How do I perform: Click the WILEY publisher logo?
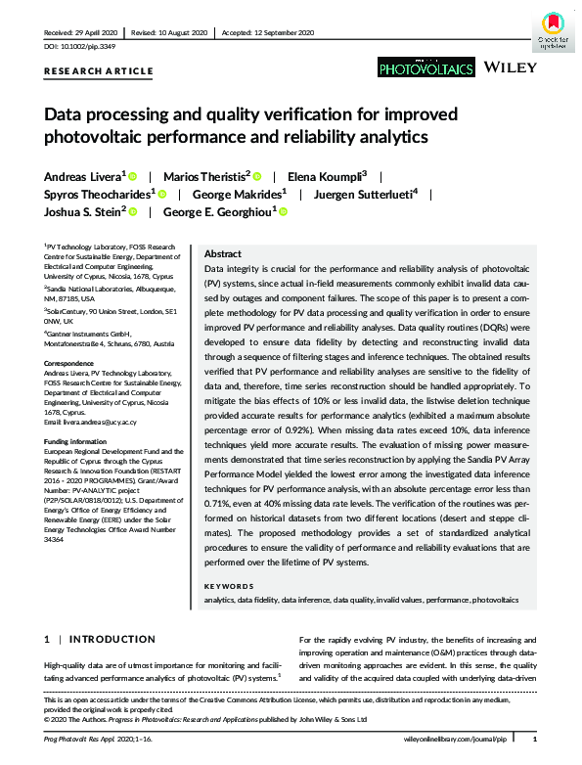coord(509,67)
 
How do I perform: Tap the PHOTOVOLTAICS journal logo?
coord(425,67)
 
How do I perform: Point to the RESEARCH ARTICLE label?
coord(98,71)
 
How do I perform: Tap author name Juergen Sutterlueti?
coord(364,194)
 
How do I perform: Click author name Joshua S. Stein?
coord(82,211)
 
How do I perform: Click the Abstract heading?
coord(222,252)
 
